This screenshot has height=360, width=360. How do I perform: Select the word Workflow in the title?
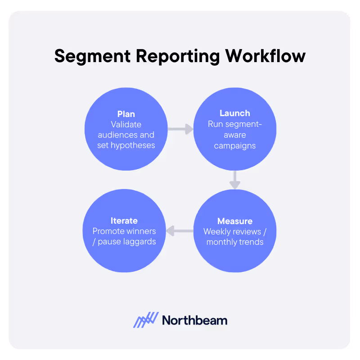click(265, 57)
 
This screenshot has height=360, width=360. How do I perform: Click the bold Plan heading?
click(126, 114)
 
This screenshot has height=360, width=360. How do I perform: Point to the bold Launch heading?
click(235, 113)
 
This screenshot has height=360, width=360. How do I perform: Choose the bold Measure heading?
click(235, 221)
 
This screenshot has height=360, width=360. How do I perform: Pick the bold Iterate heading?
click(124, 220)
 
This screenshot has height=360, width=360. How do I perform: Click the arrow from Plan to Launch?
click(180, 130)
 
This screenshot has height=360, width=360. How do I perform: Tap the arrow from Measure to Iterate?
click(180, 231)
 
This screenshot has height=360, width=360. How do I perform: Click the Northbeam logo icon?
click(146, 320)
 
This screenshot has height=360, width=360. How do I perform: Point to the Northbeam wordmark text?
click(194, 320)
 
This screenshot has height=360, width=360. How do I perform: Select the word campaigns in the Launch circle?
click(235, 145)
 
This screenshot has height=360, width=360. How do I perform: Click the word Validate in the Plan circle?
click(126, 124)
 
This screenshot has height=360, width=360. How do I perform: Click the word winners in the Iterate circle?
click(142, 231)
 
